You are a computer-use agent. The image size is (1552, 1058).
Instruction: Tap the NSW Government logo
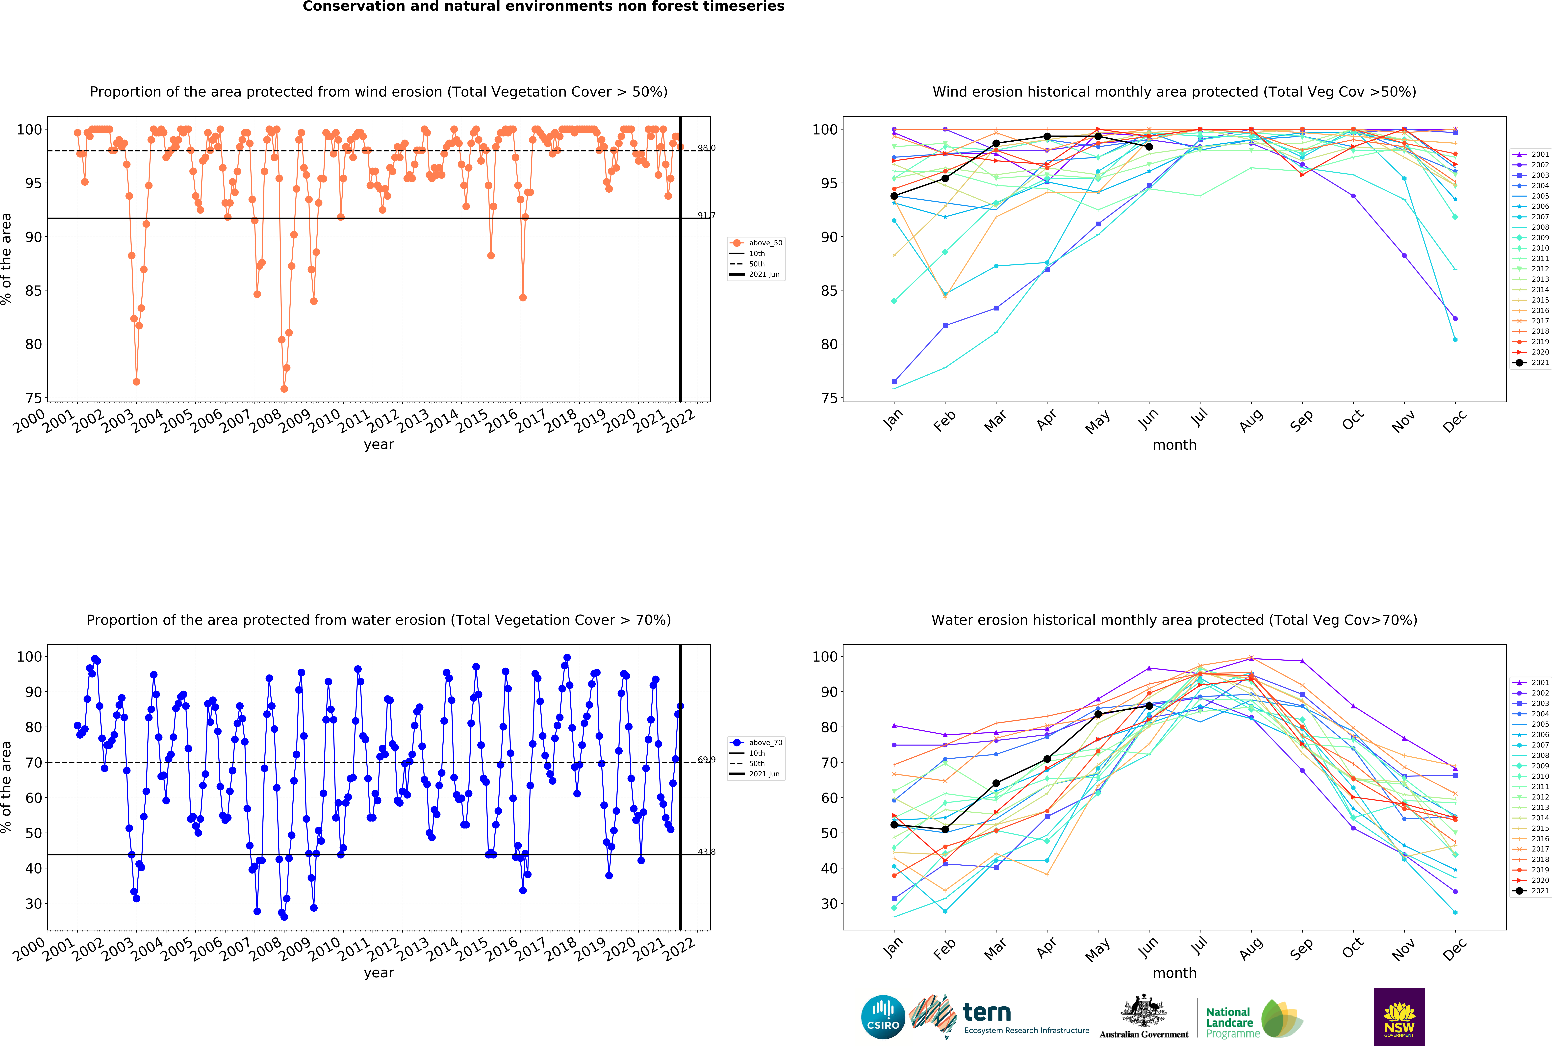pos(1399,1017)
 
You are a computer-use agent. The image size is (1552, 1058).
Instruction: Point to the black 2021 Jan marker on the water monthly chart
pos(894,825)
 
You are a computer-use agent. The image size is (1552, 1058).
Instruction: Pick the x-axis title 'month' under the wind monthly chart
pos(1174,445)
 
